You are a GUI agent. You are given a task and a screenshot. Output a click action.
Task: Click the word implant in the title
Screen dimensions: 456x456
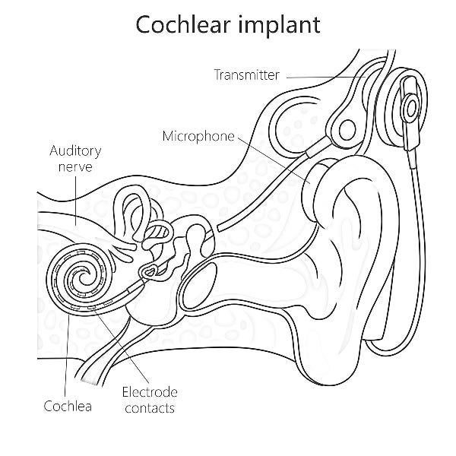(277, 24)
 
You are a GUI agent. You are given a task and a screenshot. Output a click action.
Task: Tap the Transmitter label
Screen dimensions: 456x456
(246, 74)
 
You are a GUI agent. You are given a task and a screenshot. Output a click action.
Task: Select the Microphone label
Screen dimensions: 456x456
(198, 136)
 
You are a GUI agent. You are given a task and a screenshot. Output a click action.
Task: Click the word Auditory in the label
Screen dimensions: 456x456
(74, 150)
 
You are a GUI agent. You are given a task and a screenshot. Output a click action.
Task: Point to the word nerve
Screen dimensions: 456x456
(74, 166)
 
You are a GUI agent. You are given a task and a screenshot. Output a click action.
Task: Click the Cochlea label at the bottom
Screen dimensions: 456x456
(68, 406)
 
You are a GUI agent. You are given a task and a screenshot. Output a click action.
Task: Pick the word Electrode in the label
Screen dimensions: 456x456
(150, 392)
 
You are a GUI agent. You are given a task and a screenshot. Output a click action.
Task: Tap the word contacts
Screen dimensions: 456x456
(150, 408)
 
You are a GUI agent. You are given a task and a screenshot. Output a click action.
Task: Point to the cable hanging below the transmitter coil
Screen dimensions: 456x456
(417, 228)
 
